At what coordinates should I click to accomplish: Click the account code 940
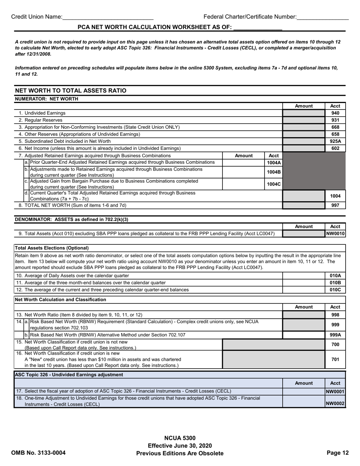click(x=335, y=113)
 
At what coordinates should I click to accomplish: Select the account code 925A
click(x=335, y=141)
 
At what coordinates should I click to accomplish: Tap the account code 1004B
click(x=274, y=172)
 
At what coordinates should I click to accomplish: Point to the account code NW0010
click(x=335, y=234)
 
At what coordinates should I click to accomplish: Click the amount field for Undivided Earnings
click(x=304, y=113)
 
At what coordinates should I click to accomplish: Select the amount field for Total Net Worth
click(x=304, y=205)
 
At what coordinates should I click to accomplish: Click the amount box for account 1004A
click(x=244, y=163)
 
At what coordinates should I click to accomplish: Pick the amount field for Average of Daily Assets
click(x=304, y=275)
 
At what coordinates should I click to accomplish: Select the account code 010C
click(x=335, y=290)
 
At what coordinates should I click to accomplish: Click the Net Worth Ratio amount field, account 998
click(x=304, y=314)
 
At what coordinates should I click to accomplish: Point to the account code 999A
click(x=335, y=335)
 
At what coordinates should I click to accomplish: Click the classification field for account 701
click(x=273, y=360)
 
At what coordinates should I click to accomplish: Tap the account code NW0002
click(x=335, y=404)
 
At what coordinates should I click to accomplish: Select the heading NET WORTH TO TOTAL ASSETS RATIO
click(x=70, y=91)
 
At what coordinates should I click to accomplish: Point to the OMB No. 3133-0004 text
click(x=38, y=453)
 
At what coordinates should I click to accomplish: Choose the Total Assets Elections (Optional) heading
click(x=52, y=248)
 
